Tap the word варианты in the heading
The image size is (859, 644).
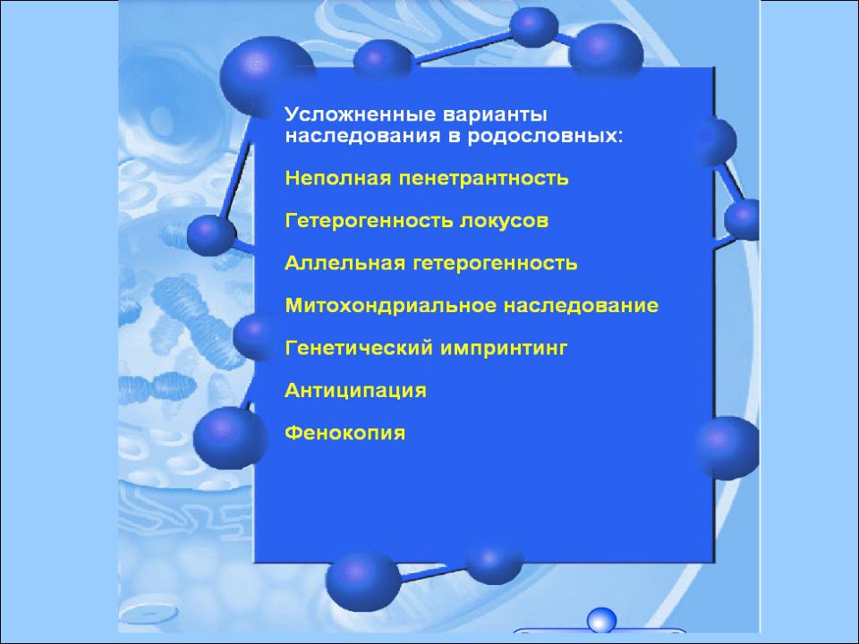click(x=495, y=115)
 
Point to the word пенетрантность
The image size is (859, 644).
click(x=483, y=179)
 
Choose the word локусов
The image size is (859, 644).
click(x=504, y=221)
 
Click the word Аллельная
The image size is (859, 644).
click(x=345, y=263)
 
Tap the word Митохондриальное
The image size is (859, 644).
click(x=391, y=306)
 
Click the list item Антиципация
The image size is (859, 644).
click(x=355, y=391)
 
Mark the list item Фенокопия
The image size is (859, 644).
click(x=345, y=433)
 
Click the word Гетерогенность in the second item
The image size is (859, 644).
click(x=370, y=221)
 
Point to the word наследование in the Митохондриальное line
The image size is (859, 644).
click(x=581, y=306)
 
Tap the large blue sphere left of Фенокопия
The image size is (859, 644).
click(x=225, y=437)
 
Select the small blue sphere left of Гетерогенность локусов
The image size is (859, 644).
click(x=211, y=235)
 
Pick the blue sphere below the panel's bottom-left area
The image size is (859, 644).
click(x=362, y=581)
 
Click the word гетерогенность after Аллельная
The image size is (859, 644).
click(x=495, y=263)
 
